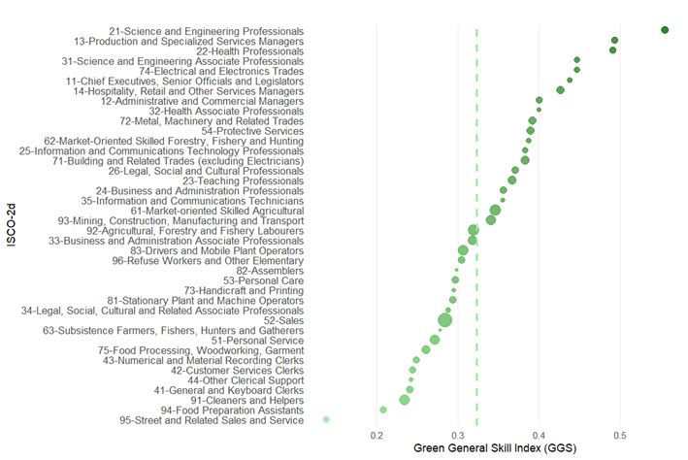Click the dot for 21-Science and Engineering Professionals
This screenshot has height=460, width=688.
pyautogui.click(x=665, y=30)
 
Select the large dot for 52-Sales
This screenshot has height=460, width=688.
pyautogui.click(x=445, y=320)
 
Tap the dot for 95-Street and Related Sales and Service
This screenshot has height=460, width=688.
pyautogui.click(x=326, y=419)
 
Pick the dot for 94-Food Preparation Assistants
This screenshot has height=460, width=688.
pyautogui.click(x=383, y=410)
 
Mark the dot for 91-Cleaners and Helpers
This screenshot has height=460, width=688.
pyautogui.click(x=405, y=400)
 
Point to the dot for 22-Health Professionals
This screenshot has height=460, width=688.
pyautogui.click(x=612, y=50)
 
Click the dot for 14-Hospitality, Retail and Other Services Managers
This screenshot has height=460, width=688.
pyautogui.click(x=560, y=90)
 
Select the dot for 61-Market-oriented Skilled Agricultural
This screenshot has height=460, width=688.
pyautogui.click(x=495, y=210)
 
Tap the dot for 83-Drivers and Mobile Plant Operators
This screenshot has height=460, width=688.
pyautogui.click(x=463, y=250)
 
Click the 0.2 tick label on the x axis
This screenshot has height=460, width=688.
pyautogui.click(x=377, y=436)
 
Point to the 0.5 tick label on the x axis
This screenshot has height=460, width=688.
pyautogui.click(x=619, y=436)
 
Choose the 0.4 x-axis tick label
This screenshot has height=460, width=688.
pyautogui.click(x=538, y=436)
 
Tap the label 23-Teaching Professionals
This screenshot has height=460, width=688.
pyautogui.click(x=243, y=181)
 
